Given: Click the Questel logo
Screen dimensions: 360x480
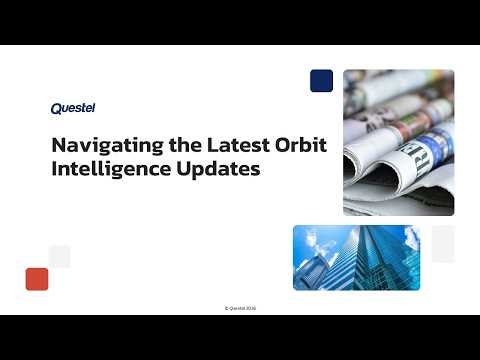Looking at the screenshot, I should tap(72, 109).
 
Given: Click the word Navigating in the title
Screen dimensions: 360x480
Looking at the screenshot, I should tap(96, 145).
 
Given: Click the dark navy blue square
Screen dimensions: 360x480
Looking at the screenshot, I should tap(321, 80).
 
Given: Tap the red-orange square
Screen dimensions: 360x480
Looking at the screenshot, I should tap(37, 278).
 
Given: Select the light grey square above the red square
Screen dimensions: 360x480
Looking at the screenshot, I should tap(60, 256).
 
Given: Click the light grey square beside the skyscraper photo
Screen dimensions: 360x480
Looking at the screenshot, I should tap(443, 243).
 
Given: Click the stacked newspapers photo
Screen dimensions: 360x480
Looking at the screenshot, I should tap(398, 141).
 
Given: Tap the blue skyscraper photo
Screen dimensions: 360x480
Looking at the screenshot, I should tap(356, 257).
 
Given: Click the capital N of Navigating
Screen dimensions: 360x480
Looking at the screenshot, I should tap(58, 144).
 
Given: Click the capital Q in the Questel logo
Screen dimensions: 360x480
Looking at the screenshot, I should tap(55, 109).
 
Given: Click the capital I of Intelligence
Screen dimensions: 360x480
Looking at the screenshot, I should tap(54, 169).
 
